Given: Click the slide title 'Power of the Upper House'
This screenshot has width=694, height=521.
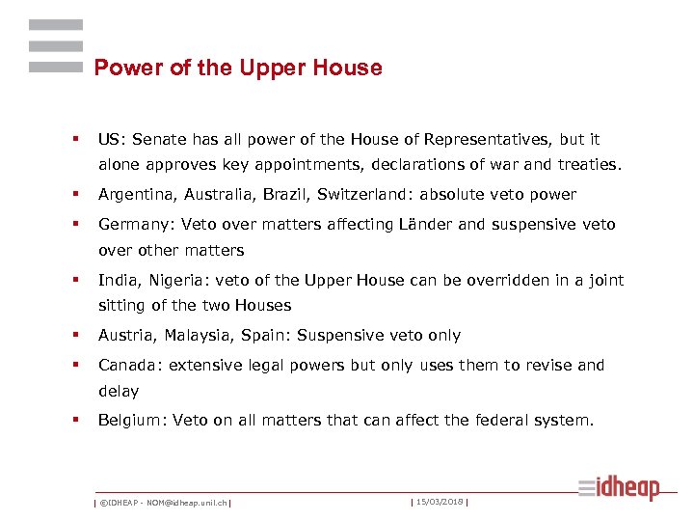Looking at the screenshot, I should click(x=238, y=68).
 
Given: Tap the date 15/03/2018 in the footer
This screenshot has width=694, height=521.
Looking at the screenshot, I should click(x=439, y=501).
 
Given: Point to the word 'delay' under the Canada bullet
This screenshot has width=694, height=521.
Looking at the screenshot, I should click(x=119, y=391).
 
